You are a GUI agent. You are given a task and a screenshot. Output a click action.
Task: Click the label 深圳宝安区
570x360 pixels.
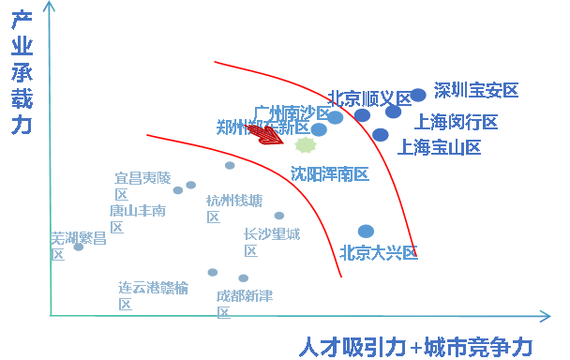click(476, 91)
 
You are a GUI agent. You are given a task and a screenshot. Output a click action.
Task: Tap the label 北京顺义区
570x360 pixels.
click(369, 98)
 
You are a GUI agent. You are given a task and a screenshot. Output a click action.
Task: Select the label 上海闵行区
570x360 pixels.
click(457, 122)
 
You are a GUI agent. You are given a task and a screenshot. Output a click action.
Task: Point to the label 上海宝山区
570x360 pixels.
click(440, 147)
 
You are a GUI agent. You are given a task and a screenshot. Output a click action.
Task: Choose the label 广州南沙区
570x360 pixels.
click(292, 113)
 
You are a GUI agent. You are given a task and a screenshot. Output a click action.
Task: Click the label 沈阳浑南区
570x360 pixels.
click(329, 173)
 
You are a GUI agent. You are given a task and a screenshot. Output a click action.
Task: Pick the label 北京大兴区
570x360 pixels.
click(378, 252)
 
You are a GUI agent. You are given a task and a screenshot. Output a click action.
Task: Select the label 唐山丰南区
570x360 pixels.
click(137, 217)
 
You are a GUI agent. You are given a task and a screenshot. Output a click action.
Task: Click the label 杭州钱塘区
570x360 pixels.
click(233, 207)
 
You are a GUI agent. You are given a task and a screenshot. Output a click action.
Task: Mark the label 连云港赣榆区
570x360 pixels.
click(152, 294)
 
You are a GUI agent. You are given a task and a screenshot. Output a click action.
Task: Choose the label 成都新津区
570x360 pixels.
click(244, 303)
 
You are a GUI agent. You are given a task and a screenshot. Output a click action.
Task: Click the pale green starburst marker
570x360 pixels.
click(306, 145)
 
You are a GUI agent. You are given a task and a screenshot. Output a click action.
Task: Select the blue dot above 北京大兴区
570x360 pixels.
click(366, 231)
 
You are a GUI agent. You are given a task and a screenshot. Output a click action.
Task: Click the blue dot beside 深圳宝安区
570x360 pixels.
click(418, 95)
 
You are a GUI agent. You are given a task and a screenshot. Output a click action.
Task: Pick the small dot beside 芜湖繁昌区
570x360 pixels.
click(78, 247)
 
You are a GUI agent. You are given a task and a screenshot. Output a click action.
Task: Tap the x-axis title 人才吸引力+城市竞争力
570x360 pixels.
click(416, 347)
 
